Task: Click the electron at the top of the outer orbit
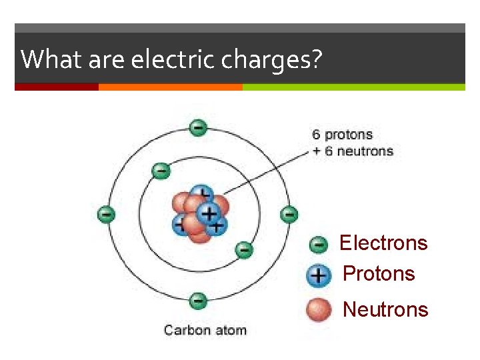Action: (x=197, y=127)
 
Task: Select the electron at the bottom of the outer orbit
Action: (x=197, y=301)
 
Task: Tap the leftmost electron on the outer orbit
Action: (x=107, y=214)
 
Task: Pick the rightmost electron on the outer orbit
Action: (x=289, y=214)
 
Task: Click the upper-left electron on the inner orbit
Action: (x=161, y=171)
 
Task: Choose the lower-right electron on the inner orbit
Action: (x=244, y=250)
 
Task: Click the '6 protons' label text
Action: (x=342, y=135)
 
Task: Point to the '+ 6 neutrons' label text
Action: (x=353, y=151)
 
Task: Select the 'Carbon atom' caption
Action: (x=205, y=330)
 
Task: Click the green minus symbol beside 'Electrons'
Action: (x=319, y=245)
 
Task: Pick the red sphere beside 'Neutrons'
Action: (x=319, y=309)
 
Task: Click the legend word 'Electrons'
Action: (x=383, y=243)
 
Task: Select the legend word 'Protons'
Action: (x=379, y=273)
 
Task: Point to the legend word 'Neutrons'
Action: (x=385, y=309)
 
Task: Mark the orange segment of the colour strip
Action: (x=170, y=87)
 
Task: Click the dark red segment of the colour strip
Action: (x=57, y=87)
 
